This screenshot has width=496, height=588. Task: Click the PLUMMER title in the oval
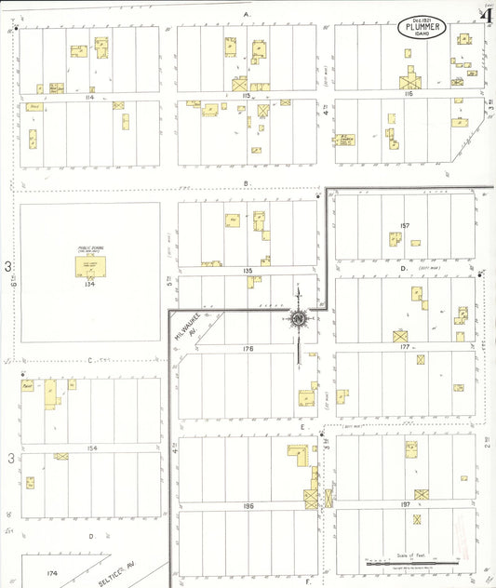point(423,27)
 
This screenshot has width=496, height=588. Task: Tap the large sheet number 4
point(486,14)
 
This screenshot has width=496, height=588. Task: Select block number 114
point(90,96)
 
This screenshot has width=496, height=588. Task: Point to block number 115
point(247,96)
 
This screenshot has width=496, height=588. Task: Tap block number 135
point(247,271)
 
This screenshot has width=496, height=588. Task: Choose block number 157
point(404,226)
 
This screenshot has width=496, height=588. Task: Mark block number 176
point(247,348)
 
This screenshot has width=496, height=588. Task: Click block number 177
point(404,347)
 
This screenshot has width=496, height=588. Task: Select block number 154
point(90,448)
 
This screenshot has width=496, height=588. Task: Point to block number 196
point(247,505)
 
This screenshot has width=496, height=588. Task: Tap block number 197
point(404,505)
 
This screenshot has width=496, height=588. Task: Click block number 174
point(52,573)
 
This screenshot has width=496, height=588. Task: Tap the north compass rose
point(299,319)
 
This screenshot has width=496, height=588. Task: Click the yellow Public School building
point(90,266)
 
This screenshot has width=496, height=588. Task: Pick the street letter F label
point(308,581)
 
